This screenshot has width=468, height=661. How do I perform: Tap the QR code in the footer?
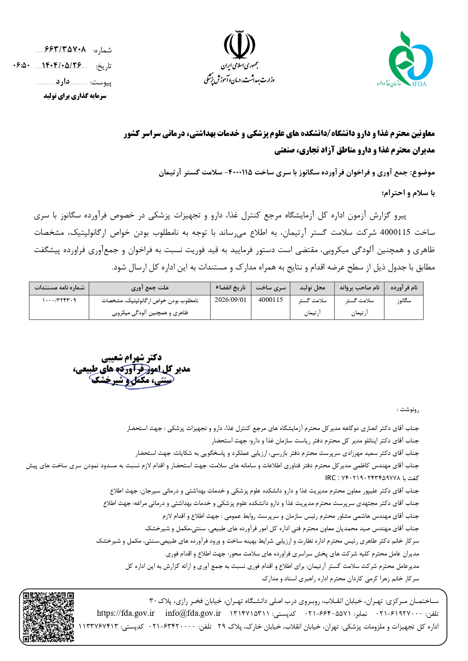[x=48, y=617]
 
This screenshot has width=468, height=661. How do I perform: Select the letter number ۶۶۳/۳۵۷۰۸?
[x=65, y=49]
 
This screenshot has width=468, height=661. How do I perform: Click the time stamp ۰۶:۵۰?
[x=21, y=65]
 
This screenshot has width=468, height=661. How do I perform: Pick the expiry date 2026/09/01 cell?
[x=230, y=300]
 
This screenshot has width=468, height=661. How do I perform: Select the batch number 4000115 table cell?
[x=270, y=300]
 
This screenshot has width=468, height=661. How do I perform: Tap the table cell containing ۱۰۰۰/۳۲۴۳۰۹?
[x=59, y=300]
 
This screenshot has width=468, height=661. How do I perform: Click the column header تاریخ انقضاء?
[x=230, y=288]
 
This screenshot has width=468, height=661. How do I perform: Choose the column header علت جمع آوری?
[x=150, y=288]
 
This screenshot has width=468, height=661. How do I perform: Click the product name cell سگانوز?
[x=404, y=301]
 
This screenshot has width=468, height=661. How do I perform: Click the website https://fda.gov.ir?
[x=126, y=613]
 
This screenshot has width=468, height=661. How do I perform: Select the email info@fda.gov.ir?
[x=193, y=613]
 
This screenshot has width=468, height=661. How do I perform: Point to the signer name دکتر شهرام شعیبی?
[x=131, y=357]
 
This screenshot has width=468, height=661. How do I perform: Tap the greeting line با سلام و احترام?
[x=408, y=193]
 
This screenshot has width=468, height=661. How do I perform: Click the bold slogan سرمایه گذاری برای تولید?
[x=75, y=96]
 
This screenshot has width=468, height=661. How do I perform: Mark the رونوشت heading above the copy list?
[x=408, y=409]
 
